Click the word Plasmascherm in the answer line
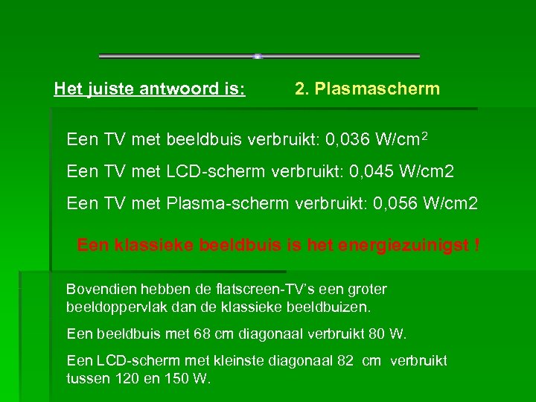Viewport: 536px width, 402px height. [377, 89]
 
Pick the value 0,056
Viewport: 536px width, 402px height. [398, 202]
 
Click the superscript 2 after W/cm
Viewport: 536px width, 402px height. [424, 136]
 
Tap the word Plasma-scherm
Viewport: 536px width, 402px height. [229, 202]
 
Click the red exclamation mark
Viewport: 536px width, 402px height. [476, 244]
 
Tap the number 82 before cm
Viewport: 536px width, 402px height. [345, 361]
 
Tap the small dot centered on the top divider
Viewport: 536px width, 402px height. [257, 57]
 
